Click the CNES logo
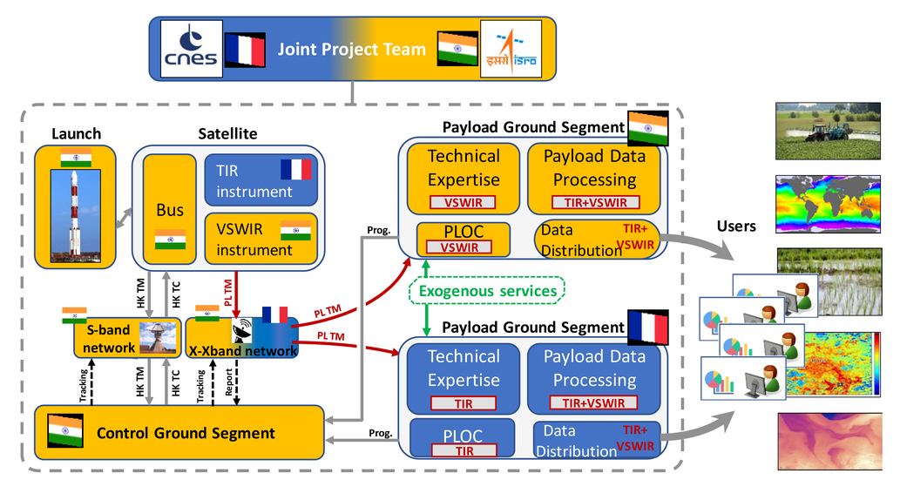(191, 49)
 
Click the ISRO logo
(511, 49)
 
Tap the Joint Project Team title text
(351, 50)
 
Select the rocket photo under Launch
(75, 215)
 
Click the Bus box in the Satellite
(170, 209)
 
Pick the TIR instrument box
(261, 180)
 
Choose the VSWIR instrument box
(261, 239)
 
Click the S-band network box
(127, 338)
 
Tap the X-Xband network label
(243, 351)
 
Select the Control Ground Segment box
(179, 432)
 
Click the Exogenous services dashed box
(487, 291)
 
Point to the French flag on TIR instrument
(295, 170)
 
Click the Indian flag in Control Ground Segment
(64, 430)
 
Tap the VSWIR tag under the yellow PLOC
(459, 247)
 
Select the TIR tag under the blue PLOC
(464, 451)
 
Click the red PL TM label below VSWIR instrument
(228, 292)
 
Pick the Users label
(736, 226)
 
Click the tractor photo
(828, 131)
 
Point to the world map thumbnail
(828, 205)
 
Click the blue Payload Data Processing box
(594, 379)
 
